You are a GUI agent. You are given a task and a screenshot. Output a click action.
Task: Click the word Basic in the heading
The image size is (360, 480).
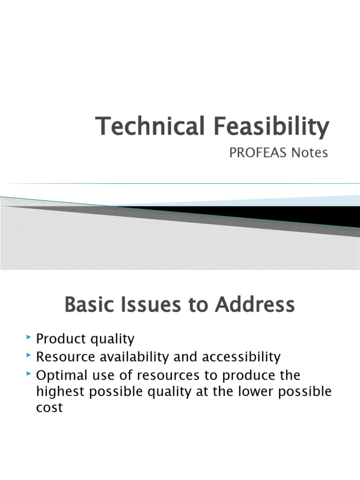pos(90,305)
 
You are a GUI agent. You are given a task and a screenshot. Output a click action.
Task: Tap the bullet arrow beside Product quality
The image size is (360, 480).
pos(30,337)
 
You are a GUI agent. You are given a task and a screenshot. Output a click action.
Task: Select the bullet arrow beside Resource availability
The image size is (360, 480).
pos(30,356)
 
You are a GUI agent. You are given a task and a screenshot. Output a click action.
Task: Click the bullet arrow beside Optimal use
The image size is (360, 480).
pos(30,375)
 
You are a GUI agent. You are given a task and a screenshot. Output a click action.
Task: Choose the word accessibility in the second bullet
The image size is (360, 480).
pos(241,357)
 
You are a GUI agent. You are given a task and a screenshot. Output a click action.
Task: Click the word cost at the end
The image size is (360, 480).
pos(49,408)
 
